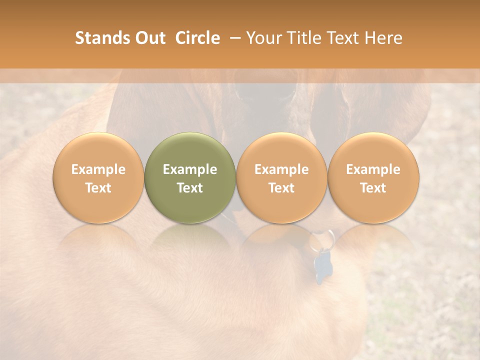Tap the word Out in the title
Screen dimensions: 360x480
[149, 38]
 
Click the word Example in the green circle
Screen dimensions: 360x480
[190, 169]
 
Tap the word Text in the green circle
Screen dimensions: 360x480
[190, 188]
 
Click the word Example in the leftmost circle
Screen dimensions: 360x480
[98, 169]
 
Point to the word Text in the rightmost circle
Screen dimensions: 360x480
[373, 188]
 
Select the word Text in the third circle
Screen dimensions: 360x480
[281, 188]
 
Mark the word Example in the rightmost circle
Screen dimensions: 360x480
[373, 169]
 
